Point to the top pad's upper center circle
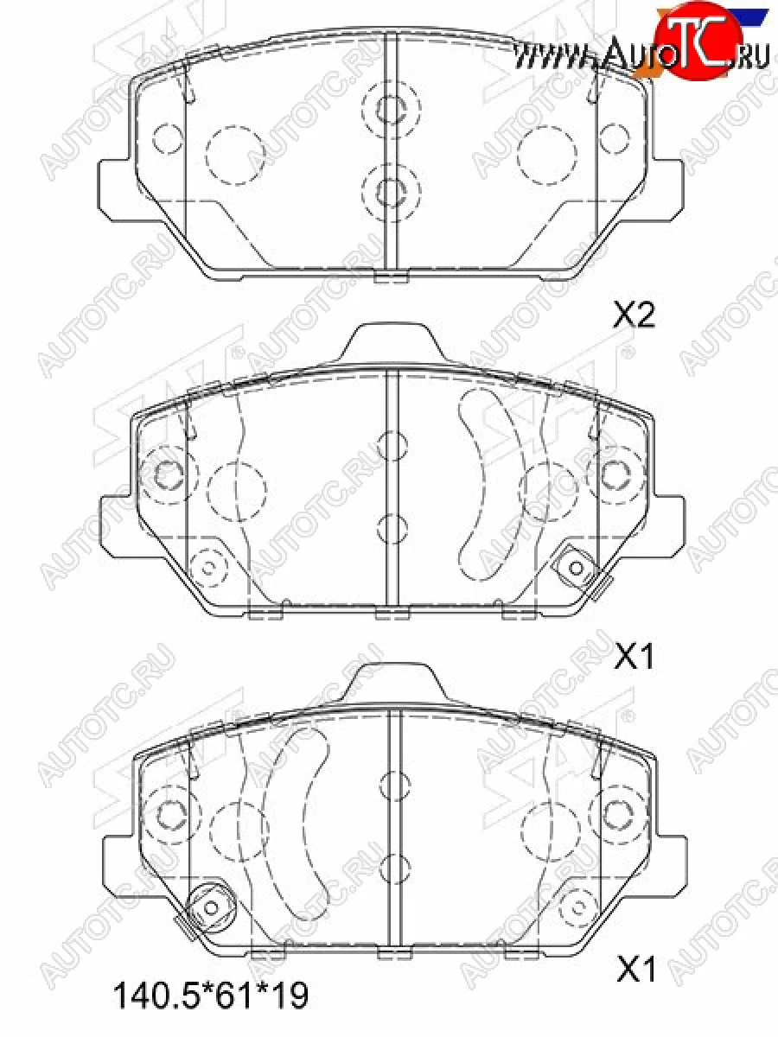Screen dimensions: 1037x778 coord(392,108)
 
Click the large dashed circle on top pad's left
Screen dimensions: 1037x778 coord(235,156)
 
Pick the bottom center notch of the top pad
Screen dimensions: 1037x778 coord(391,277)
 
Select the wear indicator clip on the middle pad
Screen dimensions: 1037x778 coord(576,568)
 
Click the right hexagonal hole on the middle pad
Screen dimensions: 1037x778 coord(615,474)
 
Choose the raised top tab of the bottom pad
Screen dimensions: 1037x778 coord(393,683)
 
